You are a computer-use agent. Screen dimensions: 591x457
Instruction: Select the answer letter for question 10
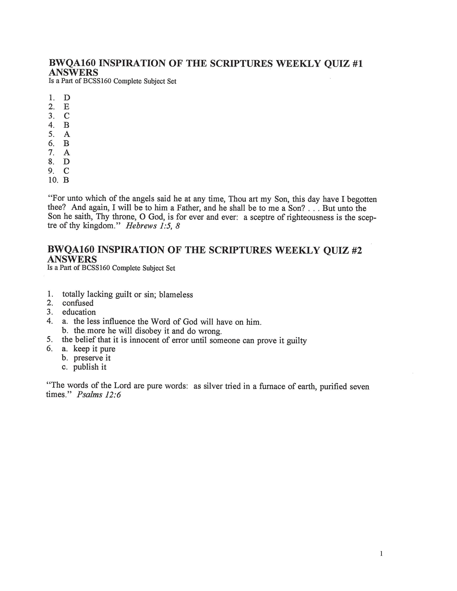(66, 180)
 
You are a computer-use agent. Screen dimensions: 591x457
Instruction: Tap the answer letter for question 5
(67, 134)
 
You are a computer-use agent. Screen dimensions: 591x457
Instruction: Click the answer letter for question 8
(67, 162)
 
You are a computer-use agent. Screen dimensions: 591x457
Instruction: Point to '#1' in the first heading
(357, 64)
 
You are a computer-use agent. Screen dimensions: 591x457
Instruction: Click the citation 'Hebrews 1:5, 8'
(153, 226)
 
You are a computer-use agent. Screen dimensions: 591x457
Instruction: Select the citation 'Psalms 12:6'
(99, 395)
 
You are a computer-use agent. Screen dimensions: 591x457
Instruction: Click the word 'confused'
(78, 303)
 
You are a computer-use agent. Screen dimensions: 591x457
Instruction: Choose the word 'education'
(79, 312)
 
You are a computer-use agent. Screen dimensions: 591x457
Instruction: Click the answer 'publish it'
(90, 367)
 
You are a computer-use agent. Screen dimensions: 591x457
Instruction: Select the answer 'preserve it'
(92, 358)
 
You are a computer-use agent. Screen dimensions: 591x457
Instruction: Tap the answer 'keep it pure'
(94, 349)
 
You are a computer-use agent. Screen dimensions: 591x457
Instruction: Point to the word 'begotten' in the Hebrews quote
(362, 200)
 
